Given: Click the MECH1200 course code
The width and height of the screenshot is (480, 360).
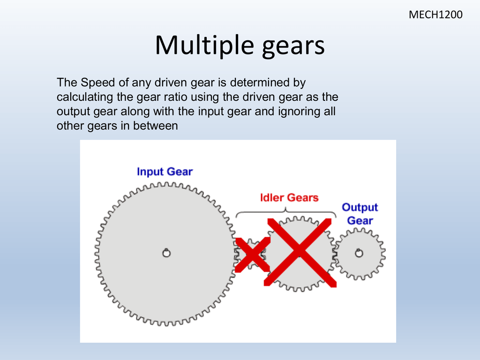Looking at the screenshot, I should (x=435, y=15).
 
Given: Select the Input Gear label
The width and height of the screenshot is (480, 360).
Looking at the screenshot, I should (x=165, y=172).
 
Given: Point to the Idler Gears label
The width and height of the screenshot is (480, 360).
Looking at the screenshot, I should (x=289, y=197).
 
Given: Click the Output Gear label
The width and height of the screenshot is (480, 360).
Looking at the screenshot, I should (x=360, y=214).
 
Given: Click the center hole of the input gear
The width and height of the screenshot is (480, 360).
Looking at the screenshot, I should (x=166, y=253).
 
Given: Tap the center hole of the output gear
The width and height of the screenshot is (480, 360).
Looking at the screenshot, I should (x=359, y=253).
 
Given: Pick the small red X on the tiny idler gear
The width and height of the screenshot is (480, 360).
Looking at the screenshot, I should (x=253, y=254).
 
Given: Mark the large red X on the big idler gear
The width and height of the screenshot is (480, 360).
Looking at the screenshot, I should (x=300, y=252).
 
